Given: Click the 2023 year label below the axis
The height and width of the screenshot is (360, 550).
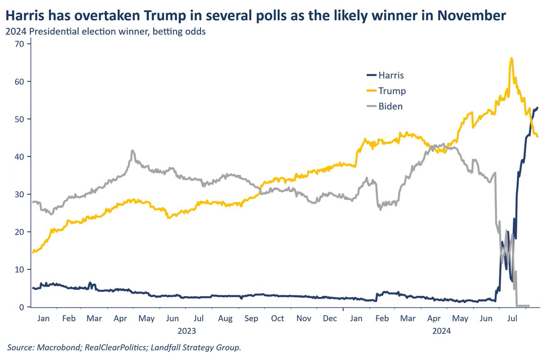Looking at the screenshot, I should (x=187, y=331).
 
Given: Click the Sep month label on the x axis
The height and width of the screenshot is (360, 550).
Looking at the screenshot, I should (x=251, y=318).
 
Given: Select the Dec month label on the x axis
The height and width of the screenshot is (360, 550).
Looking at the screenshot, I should (x=330, y=318).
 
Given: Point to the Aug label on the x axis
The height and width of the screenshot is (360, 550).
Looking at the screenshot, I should (x=225, y=318).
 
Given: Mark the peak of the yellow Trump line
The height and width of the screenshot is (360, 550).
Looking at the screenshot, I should (x=511, y=58).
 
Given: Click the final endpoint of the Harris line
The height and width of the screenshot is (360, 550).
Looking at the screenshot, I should (x=538, y=108).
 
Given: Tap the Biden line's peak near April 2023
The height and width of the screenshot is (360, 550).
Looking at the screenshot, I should (x=132, y=150).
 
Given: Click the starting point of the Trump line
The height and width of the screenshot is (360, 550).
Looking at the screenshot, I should (x=33, y=252).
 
